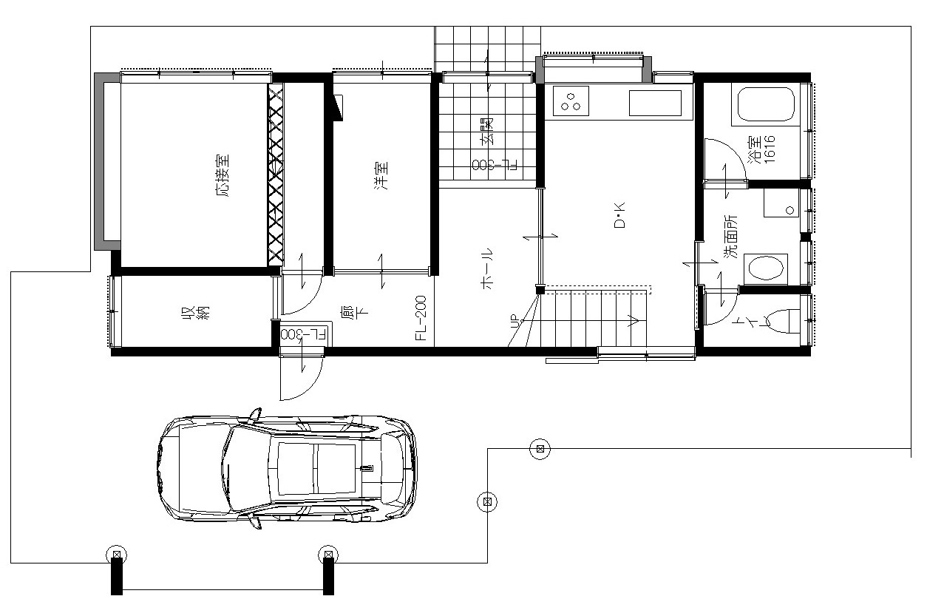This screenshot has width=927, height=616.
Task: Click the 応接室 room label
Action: (x=223, y=175)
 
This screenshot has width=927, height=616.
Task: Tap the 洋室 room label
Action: (x=381, y=175)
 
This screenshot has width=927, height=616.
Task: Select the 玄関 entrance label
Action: (x=486, y=131)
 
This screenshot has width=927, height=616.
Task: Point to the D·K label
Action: (x=619, y=215)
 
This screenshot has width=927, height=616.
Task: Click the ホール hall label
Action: (x=486, y=268)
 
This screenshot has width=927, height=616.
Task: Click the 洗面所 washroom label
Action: (x=730, y=237)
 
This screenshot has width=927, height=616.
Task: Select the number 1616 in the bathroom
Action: (x=770, y=149)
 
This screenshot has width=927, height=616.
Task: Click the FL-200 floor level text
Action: (x=421, y=318)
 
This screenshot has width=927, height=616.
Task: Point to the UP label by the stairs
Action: (x=515, y=321)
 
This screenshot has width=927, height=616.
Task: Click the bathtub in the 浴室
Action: (x=766, y=104)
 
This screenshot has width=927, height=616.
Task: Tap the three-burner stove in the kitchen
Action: (x=571, y=101)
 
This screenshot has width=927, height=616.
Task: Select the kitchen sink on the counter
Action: (x=655, y=103)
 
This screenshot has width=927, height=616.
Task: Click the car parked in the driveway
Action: (x=287, y=469)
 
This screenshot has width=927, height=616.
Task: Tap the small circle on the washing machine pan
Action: (x=790, y=210)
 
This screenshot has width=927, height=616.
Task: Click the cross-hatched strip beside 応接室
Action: (x=276, y=175)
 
